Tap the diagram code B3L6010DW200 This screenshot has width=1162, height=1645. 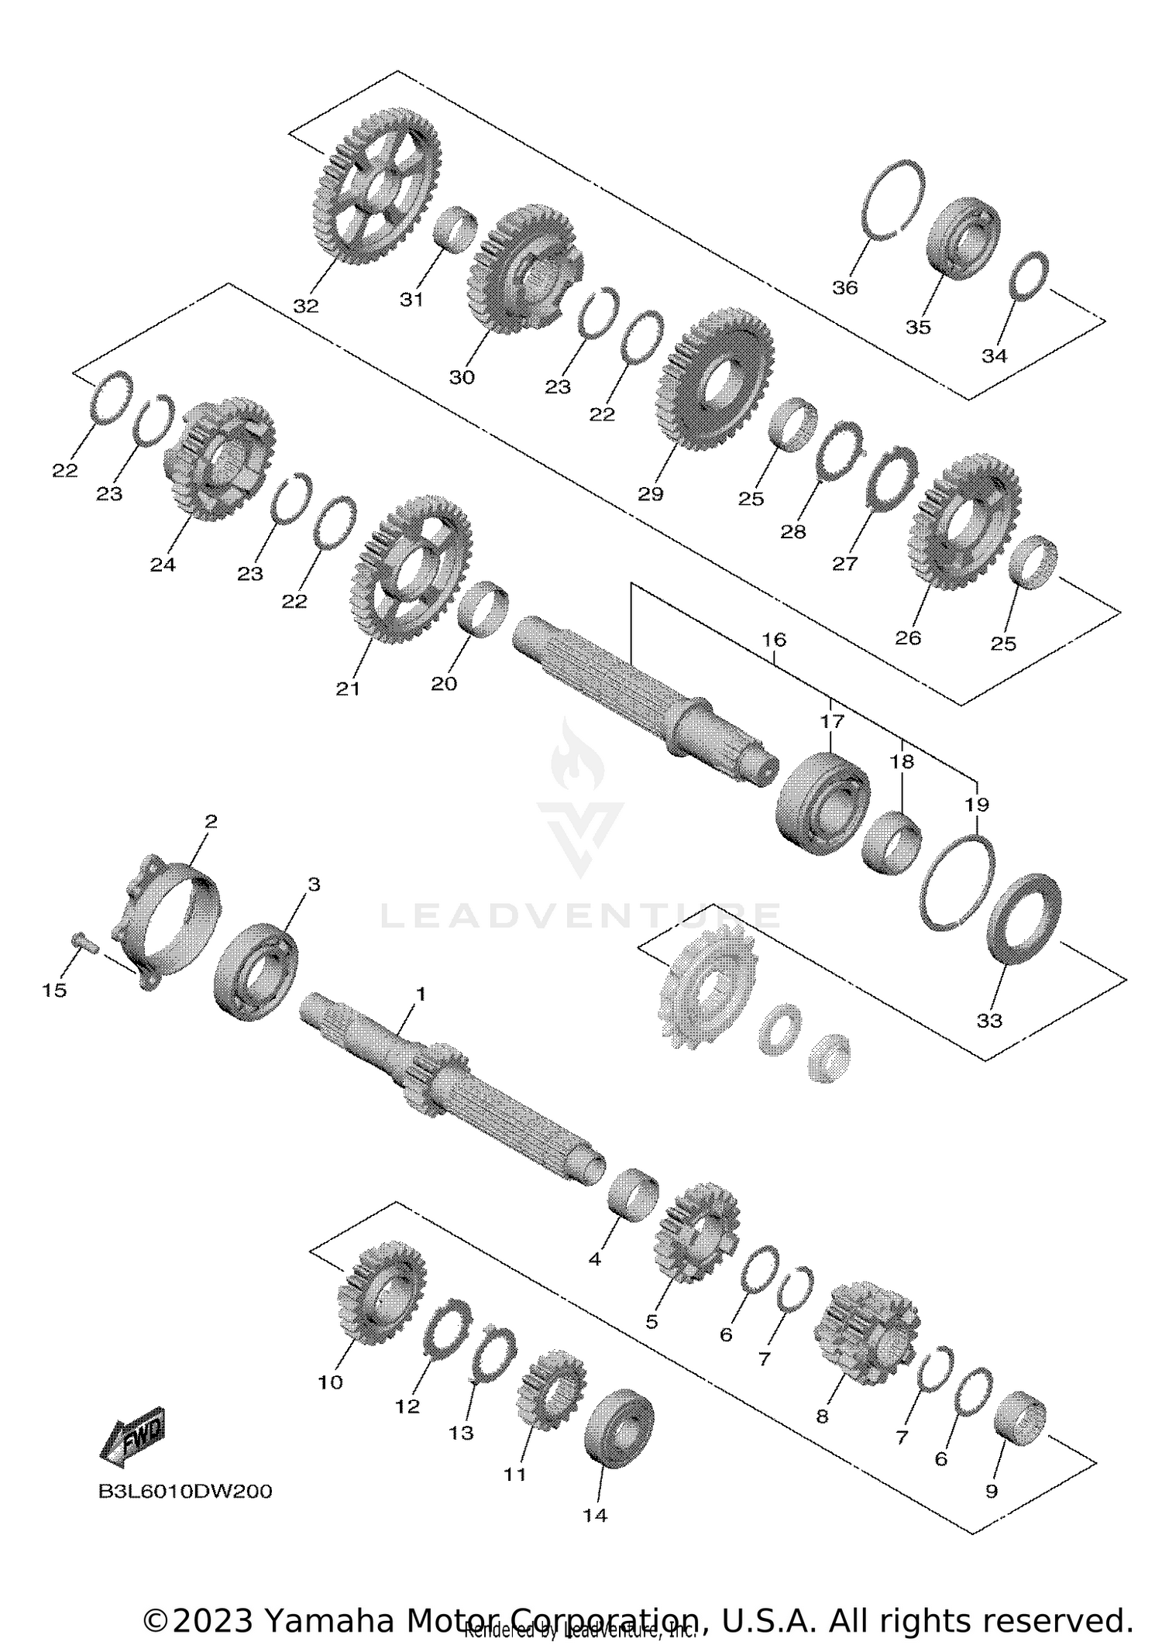[185, 1492]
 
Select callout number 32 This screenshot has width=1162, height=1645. [306, 306]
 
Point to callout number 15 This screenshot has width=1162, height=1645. [55, 990]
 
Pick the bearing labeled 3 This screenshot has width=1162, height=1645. [256, 972]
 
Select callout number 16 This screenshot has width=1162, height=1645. [774, 640]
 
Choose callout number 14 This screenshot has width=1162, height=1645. [595, 1516]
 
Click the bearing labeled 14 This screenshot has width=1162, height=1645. [619, 1426]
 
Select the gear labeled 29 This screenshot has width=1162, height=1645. [715, 379]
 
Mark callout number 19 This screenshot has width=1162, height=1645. [977, 805]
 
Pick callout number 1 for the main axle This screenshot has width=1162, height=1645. [421, 993]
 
